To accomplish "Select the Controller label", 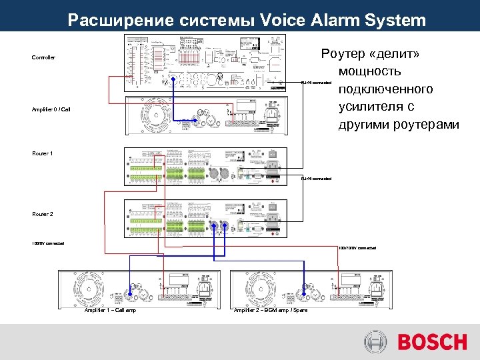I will tap(44, 58).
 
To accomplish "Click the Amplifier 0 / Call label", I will tap(51, 109).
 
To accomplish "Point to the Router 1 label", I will tap(42, 153).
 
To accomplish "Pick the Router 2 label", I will tap(42, 214).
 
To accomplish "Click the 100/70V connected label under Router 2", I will tap(48, 243).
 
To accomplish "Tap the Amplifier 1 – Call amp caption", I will tap(110, 311).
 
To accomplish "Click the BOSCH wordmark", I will tap(432, 342).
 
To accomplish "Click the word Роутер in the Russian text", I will tap(347, 53).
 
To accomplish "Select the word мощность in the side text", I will tap(369, 71).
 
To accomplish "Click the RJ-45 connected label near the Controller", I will tap(316, 83).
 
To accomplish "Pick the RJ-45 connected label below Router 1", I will tap(316, 178).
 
